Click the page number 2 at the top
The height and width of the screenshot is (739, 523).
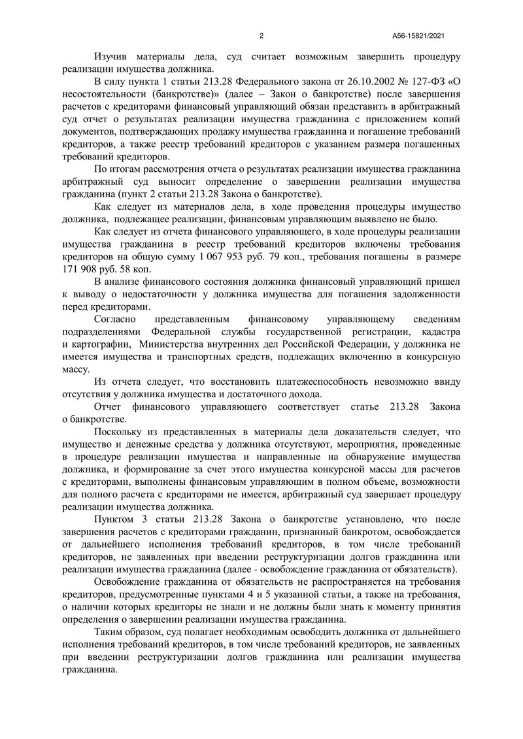point(261,36)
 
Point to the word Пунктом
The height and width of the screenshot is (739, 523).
point(116,519)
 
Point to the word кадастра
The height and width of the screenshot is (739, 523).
point(438,332)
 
